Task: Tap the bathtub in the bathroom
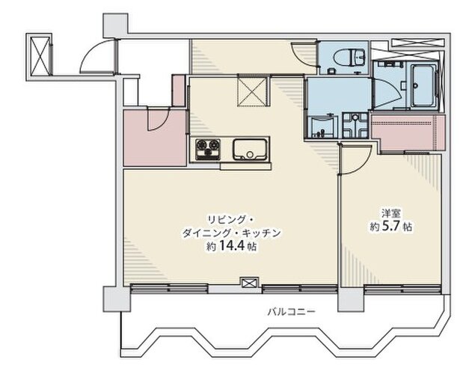click(x=423, y=85)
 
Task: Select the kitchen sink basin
click(x=250, y=150)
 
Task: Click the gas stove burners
click(x=208, y=150)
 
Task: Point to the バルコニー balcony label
click(x=291, y=311)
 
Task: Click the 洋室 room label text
click(x=392, y=213)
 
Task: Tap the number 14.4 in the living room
click(x=233, y=245)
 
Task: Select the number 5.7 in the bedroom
click(x=391, y=227)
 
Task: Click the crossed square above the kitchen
click(x=254, y=91)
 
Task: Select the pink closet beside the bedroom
click(x=408, y=132)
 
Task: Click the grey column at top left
click(x=115, y=25)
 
